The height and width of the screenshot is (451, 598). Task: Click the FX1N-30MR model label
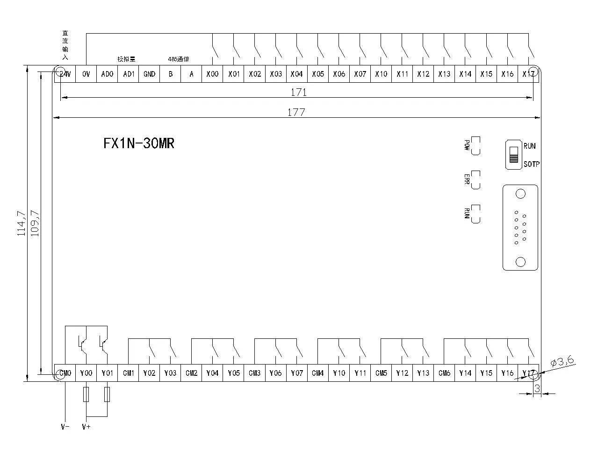(139, 143)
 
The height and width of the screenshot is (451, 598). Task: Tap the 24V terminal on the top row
(65, 74)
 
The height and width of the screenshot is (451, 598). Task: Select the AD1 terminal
(129, 74)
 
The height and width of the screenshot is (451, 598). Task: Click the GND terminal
(149, 74)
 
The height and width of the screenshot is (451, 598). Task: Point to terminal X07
(360, 74)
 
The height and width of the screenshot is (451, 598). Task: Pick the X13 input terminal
(444, 74)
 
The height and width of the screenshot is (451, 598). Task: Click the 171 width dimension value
(298, 93)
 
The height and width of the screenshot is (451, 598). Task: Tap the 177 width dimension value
(296, 112)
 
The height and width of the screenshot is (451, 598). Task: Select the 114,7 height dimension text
(21, 223)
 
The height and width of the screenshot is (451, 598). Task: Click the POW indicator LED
(476, 146)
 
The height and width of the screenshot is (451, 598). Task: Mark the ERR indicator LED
(476, 180)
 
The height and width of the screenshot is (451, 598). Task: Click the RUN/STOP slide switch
(513, 154)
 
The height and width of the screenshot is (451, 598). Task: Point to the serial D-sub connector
(520, 228)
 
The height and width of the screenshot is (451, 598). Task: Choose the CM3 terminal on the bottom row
(255, 373)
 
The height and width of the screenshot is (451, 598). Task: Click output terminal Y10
(339, 373)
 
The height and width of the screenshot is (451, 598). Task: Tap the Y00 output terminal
(86, 373)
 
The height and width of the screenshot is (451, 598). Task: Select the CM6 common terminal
(444, 373)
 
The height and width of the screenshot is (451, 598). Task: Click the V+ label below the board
(86, 427)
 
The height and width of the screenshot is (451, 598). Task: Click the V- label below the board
(65, 427)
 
